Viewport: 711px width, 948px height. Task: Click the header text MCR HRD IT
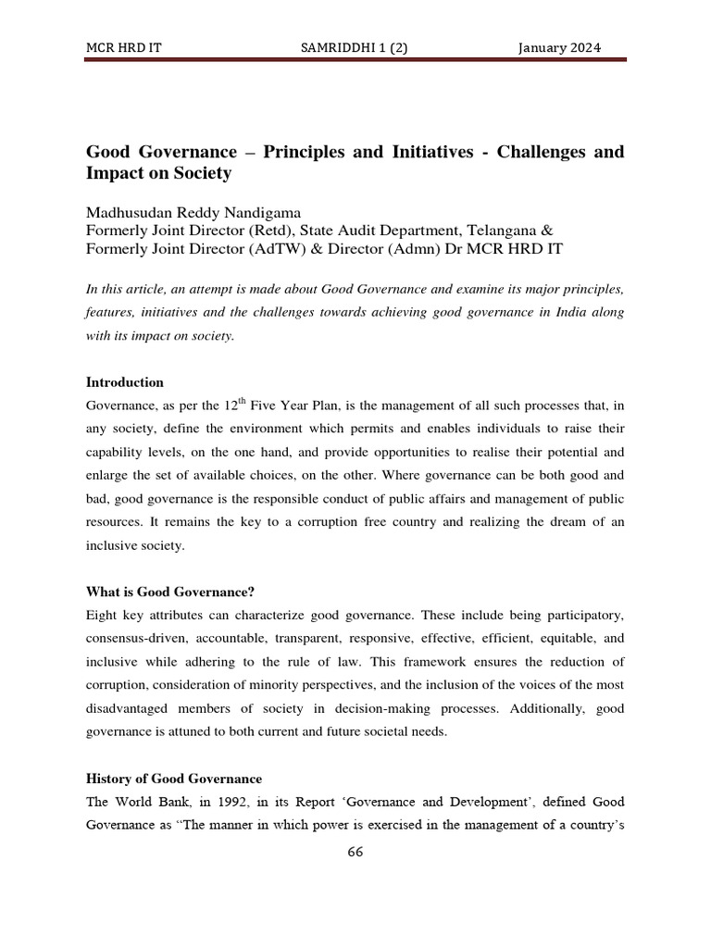pyautogui.click(x=123, y=48)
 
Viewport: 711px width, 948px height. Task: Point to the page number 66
pyautogui.click(x=355, y=853)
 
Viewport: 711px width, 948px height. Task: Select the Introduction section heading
pyautogui.click(x=125, y=381)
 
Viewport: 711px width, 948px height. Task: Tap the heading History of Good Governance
pyautogui.click(x=174, y=778)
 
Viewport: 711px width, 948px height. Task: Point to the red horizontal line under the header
pyautogui.click(x=355, y=60)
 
